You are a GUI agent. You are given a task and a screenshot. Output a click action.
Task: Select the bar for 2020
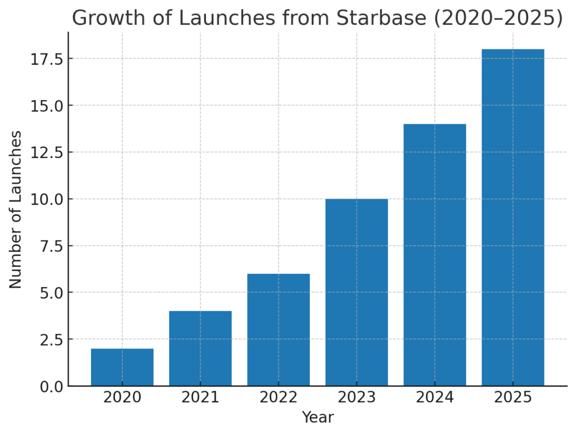click(x=122, y=367)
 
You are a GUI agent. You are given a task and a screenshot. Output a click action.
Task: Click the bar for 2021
click(x=201, y=348)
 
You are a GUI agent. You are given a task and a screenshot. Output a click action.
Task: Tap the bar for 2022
click(x=278, y=330)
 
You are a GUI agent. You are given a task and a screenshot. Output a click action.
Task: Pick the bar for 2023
click(x=357, y=292)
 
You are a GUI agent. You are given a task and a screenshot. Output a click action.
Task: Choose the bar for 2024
click(x=435, y=255)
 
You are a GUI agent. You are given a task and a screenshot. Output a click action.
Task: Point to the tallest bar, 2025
click(x=513, y=217)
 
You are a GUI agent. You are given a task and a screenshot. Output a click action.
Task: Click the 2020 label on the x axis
click(x=122, y=397)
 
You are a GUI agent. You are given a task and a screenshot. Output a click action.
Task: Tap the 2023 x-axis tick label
click(x=357, y=397)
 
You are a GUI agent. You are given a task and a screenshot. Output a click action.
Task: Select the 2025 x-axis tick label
click(x=513, y=397)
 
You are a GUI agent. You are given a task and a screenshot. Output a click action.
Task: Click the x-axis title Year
click(x=318, y=418)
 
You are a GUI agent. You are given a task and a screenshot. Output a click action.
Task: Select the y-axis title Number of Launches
click(x=15, y=210)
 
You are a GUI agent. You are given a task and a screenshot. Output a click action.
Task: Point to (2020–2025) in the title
click(x=498, y=19)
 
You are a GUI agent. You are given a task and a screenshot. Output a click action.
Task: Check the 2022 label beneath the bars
click(x=278, y=397)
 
